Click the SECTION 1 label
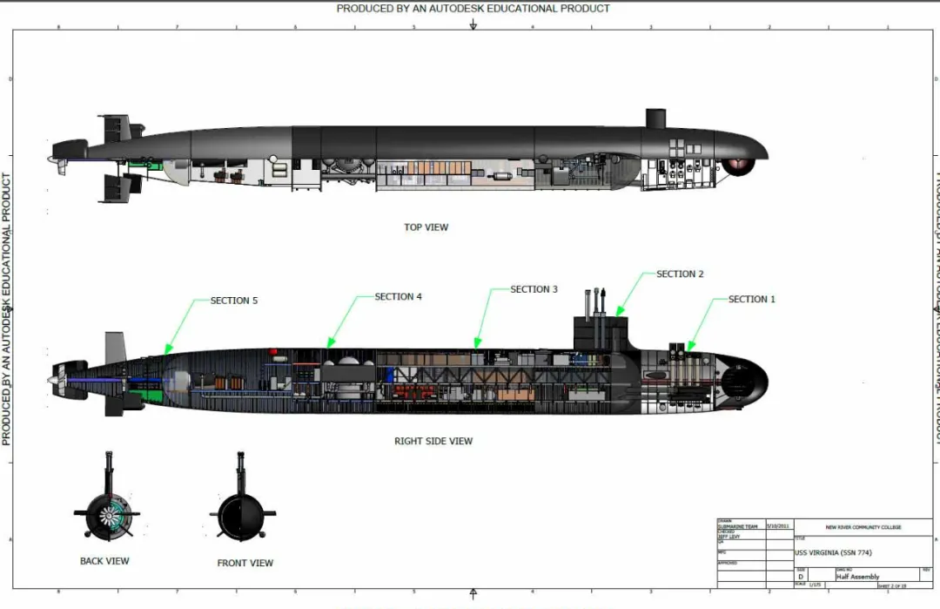click(751, 299)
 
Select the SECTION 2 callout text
click(680, 274)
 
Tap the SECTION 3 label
click(534, 289)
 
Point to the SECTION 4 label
click(399, 297)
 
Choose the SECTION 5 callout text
click(234, 301)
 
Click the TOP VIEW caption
click(426, 227)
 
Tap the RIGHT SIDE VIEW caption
click(433, 442)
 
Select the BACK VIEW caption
click(104, 561)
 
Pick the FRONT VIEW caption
click(245, 563)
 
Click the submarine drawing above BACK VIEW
click(107, 511)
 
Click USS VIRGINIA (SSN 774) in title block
click(833, 552)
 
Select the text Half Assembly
click(858, 576)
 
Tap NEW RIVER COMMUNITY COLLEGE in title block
click(863, 527)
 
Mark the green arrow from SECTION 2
click(632, 292)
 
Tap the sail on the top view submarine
click(655, 118)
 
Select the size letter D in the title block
click(801, 576)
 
